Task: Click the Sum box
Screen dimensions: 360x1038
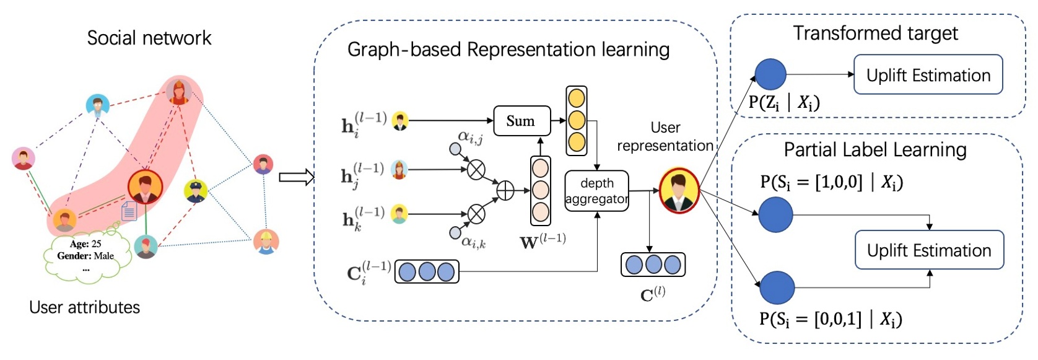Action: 521,121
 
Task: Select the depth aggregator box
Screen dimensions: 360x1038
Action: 596,191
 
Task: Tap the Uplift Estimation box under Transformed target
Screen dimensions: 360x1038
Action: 928,75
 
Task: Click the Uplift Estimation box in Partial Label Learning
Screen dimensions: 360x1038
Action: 929,250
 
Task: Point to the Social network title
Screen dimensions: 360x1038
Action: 149,38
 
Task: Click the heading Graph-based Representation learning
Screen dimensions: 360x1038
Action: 508,50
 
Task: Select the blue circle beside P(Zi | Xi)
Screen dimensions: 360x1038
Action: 770,74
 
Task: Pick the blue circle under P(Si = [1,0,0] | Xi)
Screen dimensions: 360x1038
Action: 775,214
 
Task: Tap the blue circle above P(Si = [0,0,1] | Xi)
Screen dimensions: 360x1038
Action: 777,287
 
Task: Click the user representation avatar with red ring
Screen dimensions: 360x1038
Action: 679,190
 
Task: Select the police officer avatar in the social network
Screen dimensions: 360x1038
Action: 196,191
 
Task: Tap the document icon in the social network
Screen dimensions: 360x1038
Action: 129,211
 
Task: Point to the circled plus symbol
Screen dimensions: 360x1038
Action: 505,191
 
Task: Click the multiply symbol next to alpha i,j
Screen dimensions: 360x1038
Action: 476,169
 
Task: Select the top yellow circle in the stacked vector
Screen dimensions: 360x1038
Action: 577,98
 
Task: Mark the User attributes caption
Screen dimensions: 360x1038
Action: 84,307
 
